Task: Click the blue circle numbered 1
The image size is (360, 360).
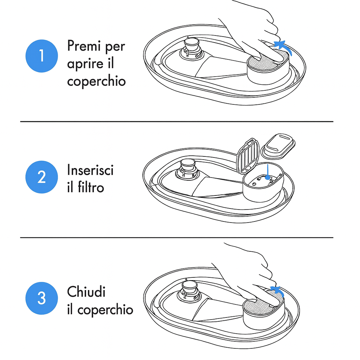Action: [41, 56]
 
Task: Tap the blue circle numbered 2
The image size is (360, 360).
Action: [41, 177]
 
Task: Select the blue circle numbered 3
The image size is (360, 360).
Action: [41, 298]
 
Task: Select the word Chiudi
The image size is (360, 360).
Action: [86, 291]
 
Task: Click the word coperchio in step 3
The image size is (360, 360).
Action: [105, 310]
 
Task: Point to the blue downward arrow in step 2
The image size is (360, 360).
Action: [268, 172]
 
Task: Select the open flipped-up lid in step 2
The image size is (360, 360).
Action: [248, 156]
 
